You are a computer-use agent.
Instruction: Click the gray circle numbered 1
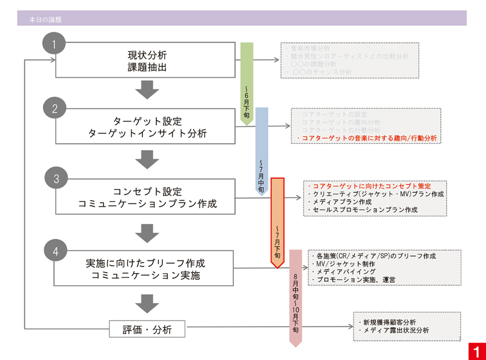point(54,45)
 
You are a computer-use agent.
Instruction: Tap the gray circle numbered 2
point(54,109)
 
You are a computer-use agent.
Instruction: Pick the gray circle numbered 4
point(55,251)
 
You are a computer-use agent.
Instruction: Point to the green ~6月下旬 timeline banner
point(247,83)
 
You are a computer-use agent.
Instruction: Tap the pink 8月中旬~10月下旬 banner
point(295,296)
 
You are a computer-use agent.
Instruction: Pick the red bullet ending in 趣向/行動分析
point(367,138)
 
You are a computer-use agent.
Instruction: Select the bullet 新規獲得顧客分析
point(387,322)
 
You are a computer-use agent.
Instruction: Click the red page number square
point(477,351)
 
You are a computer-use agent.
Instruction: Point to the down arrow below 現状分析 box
point(146,90)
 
